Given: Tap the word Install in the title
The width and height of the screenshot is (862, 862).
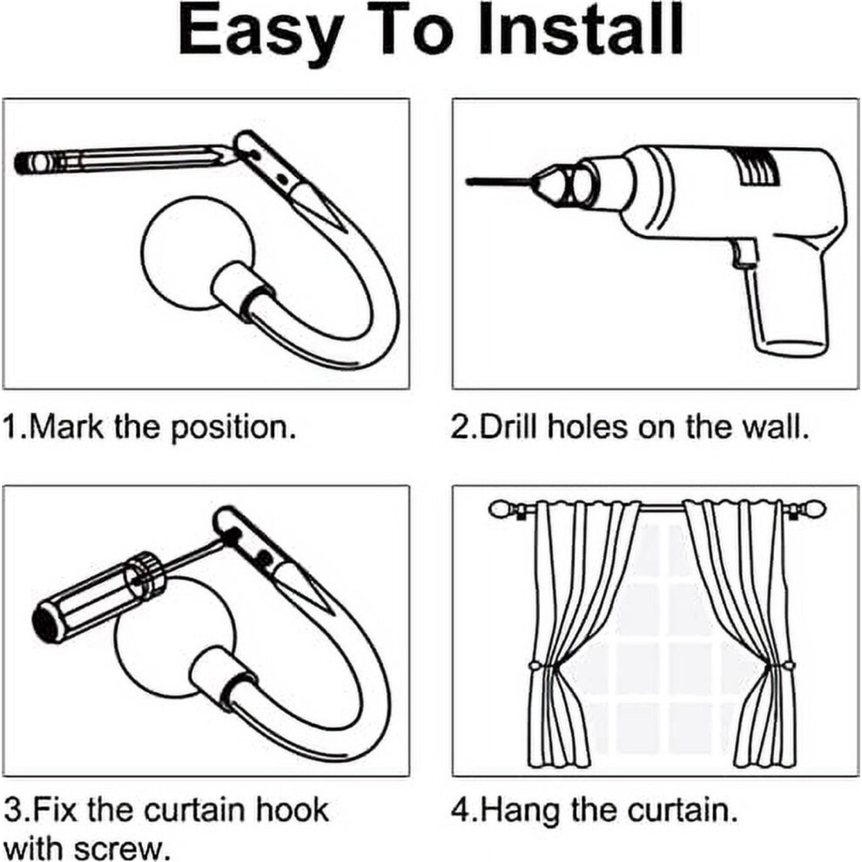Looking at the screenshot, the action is pos(580,30).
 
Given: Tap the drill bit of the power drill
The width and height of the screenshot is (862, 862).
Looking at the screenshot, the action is pos(498,180).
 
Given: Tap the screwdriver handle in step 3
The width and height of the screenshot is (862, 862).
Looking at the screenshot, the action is pos(93,601).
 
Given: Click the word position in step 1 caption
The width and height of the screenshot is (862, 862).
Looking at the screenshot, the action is pos(232,428).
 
